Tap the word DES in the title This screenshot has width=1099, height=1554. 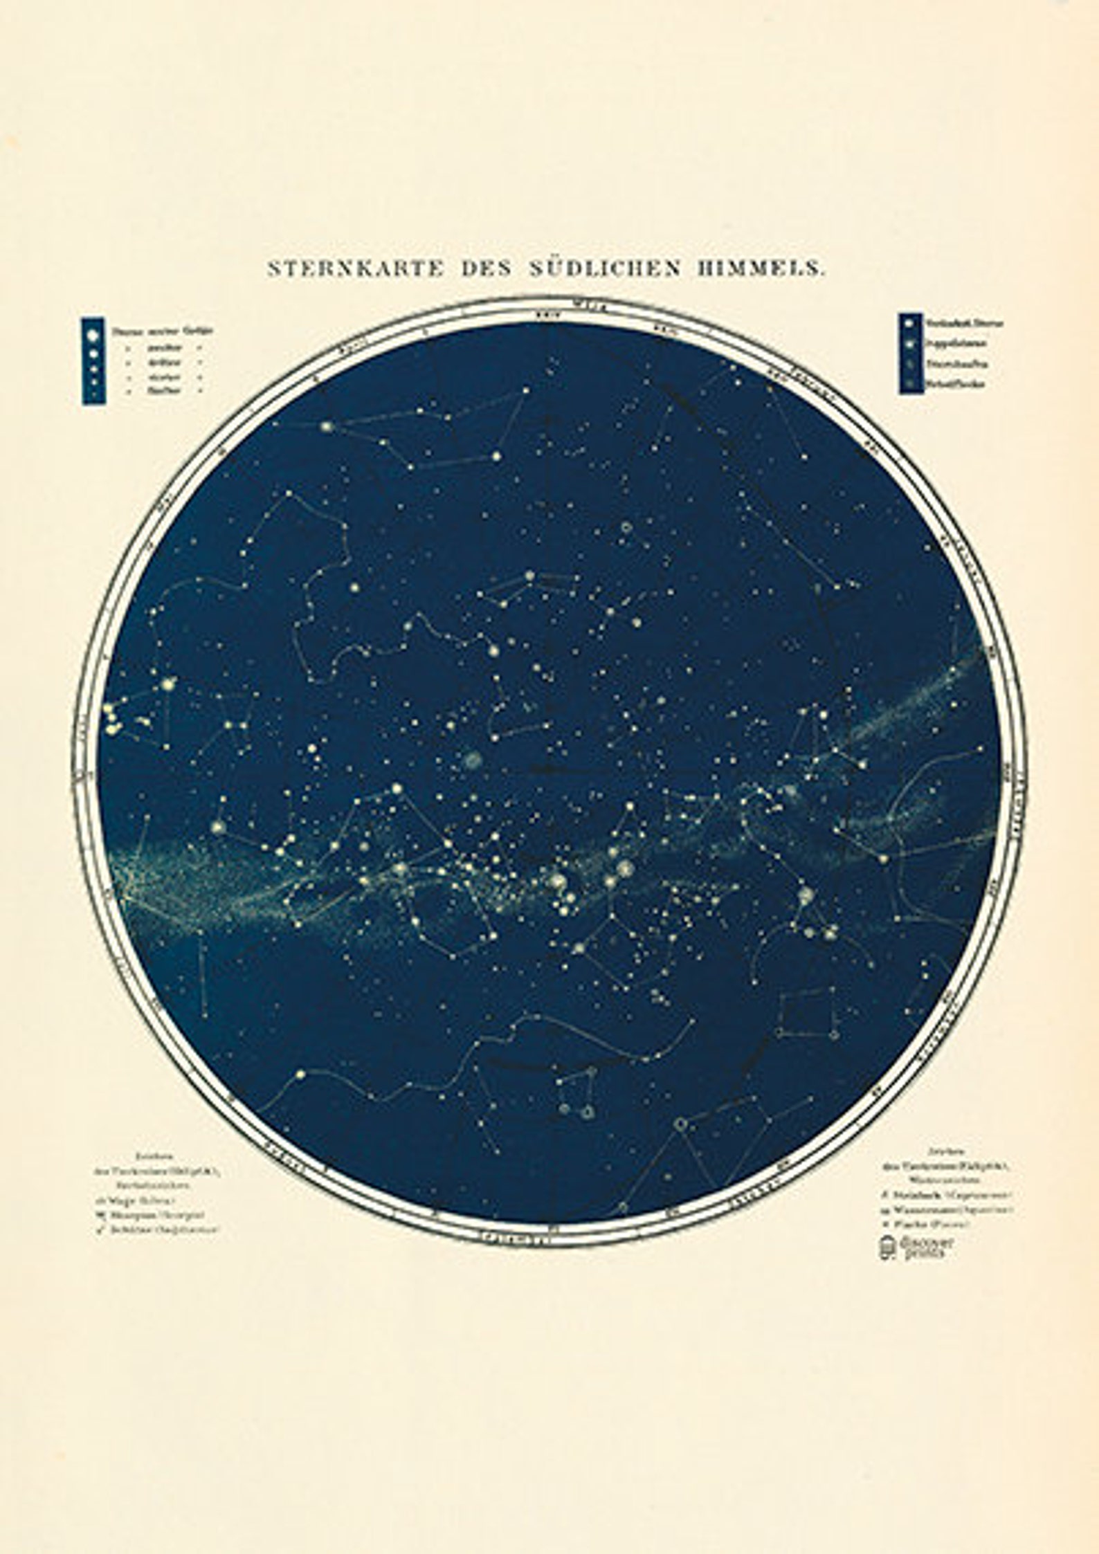point(484,268)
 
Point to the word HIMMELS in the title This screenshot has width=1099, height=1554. point(761,268)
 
